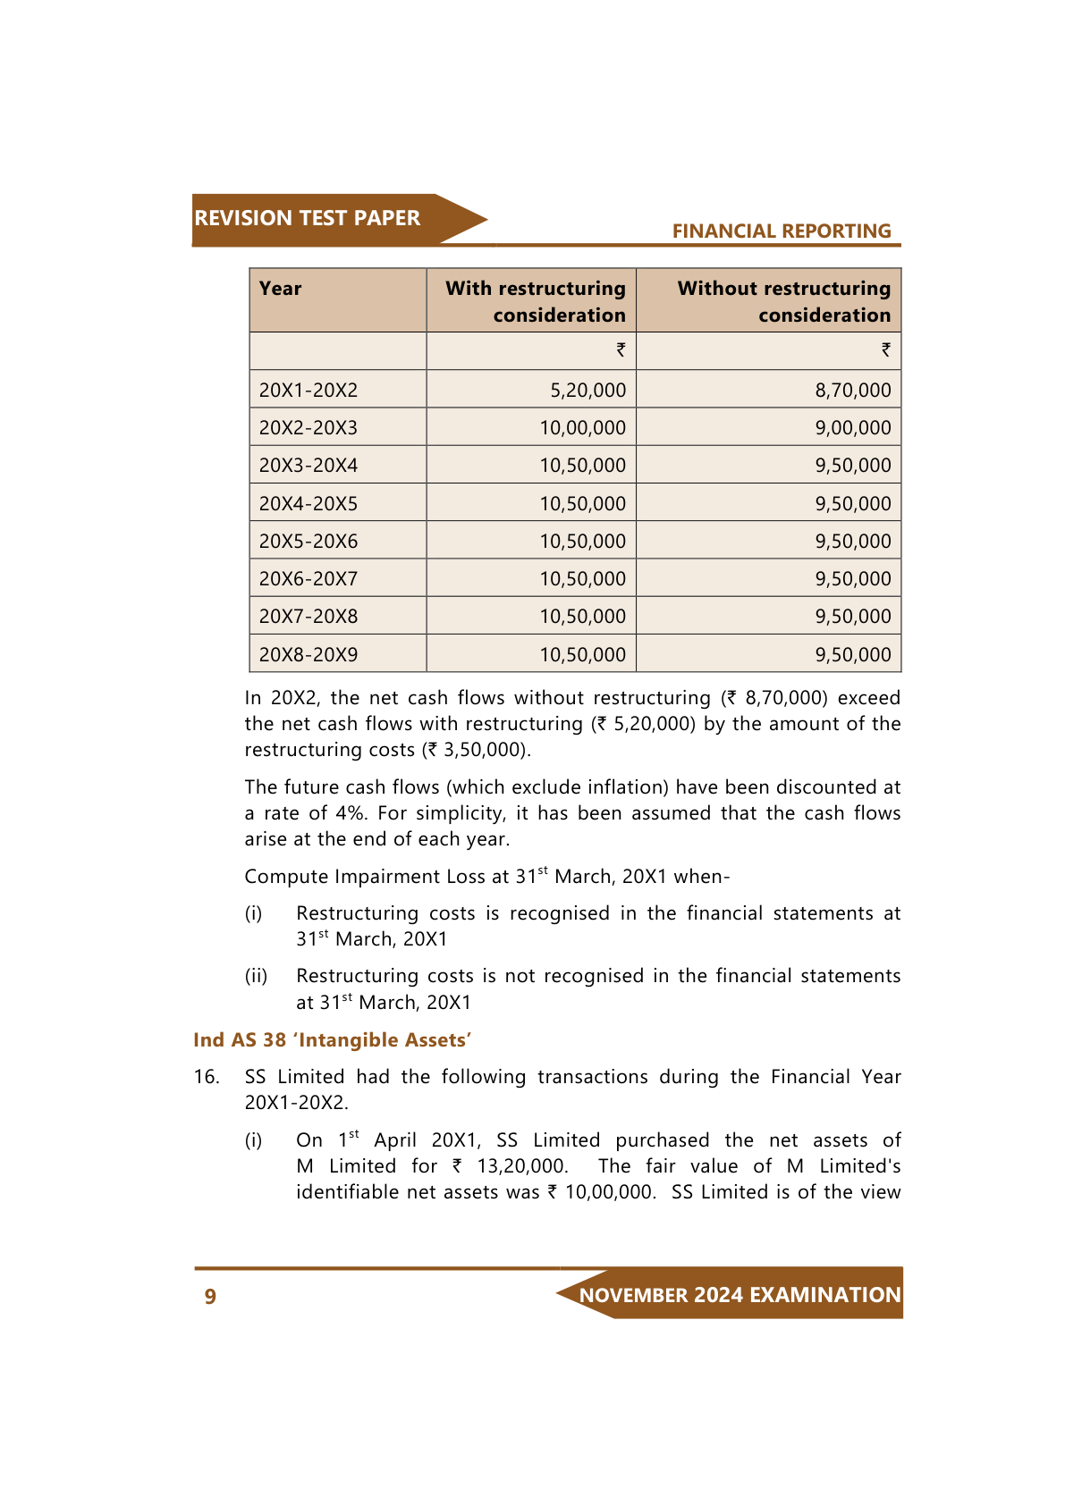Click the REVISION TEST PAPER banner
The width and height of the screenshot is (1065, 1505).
pyautogui.click(x=307, y=219)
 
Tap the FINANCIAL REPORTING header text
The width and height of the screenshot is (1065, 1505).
pyautogui.click(x=781, y=231)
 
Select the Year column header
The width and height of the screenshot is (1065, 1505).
pyautogui.click(x=281, y=289)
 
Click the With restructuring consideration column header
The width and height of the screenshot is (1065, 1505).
pyautogui.click(x=536, y=301)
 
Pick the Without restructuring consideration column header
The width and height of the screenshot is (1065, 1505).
pyautogui.click(x=783, y=301)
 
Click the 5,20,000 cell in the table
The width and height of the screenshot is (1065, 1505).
pyautogui.click(x=587, y=391)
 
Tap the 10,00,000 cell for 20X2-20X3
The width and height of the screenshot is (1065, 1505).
pyautogui.click(x=582, y=428)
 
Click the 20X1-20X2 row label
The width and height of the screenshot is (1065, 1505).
pyautogui.click(x=309, y=391)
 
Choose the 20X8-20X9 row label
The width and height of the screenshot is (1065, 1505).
pyautogui.click(x=309, y=655)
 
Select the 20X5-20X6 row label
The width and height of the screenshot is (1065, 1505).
pyautogui.click(x=309, y=542)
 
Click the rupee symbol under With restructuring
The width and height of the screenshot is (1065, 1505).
pyautogui.click(x=621, y=350)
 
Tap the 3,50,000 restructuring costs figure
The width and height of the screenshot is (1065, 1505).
pyautogui.click(x=484, y=750)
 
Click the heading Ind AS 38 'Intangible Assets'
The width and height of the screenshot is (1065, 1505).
pyautogui.click(x=332, y=1040)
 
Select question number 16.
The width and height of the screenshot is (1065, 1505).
pyautogui.click(x=207, y=1077)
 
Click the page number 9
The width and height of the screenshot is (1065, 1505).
pyautogui.click(x=210, y=1297)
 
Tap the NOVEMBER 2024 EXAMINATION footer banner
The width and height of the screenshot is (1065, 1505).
pyautogui.click(x=740, y=1295)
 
